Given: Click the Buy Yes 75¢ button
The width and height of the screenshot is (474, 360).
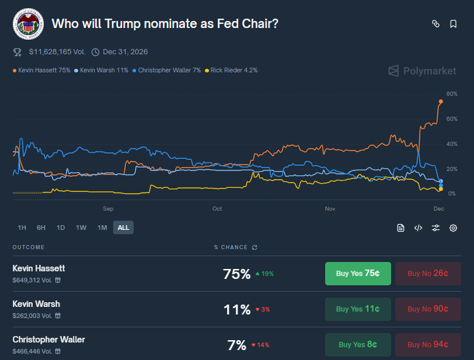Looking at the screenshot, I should coord(358,274).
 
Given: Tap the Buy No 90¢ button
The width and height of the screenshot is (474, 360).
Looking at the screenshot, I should coord(428,309).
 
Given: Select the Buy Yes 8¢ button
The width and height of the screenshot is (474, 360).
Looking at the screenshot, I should coord(358,345).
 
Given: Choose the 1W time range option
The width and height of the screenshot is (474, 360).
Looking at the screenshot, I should coord(81,228).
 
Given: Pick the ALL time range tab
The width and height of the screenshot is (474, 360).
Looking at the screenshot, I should coord(123,228).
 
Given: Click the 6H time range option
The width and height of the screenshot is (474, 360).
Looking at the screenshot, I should coord(41,228).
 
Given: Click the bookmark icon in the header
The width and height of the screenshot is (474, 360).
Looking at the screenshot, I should coord(453,24).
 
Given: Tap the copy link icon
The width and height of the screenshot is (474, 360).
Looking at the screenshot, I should coord(435,24).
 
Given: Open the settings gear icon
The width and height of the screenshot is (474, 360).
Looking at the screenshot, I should coord(453,228).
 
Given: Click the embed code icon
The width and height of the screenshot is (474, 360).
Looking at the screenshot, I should coord(418,228).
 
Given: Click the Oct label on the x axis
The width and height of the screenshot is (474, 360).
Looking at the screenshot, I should coord(217,208).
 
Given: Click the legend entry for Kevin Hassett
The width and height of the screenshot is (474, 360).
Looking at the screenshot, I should coord(41,70).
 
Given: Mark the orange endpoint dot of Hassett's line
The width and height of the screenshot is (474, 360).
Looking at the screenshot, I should coord(441,102).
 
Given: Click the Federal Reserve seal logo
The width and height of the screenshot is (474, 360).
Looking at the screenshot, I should coord(27,24).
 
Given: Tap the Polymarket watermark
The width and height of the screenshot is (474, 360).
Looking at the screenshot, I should coord(422,71).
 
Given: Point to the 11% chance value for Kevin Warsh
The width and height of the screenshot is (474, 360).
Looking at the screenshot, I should coord(236,309).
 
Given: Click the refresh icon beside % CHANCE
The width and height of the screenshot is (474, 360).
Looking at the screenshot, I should coord(255,247).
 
